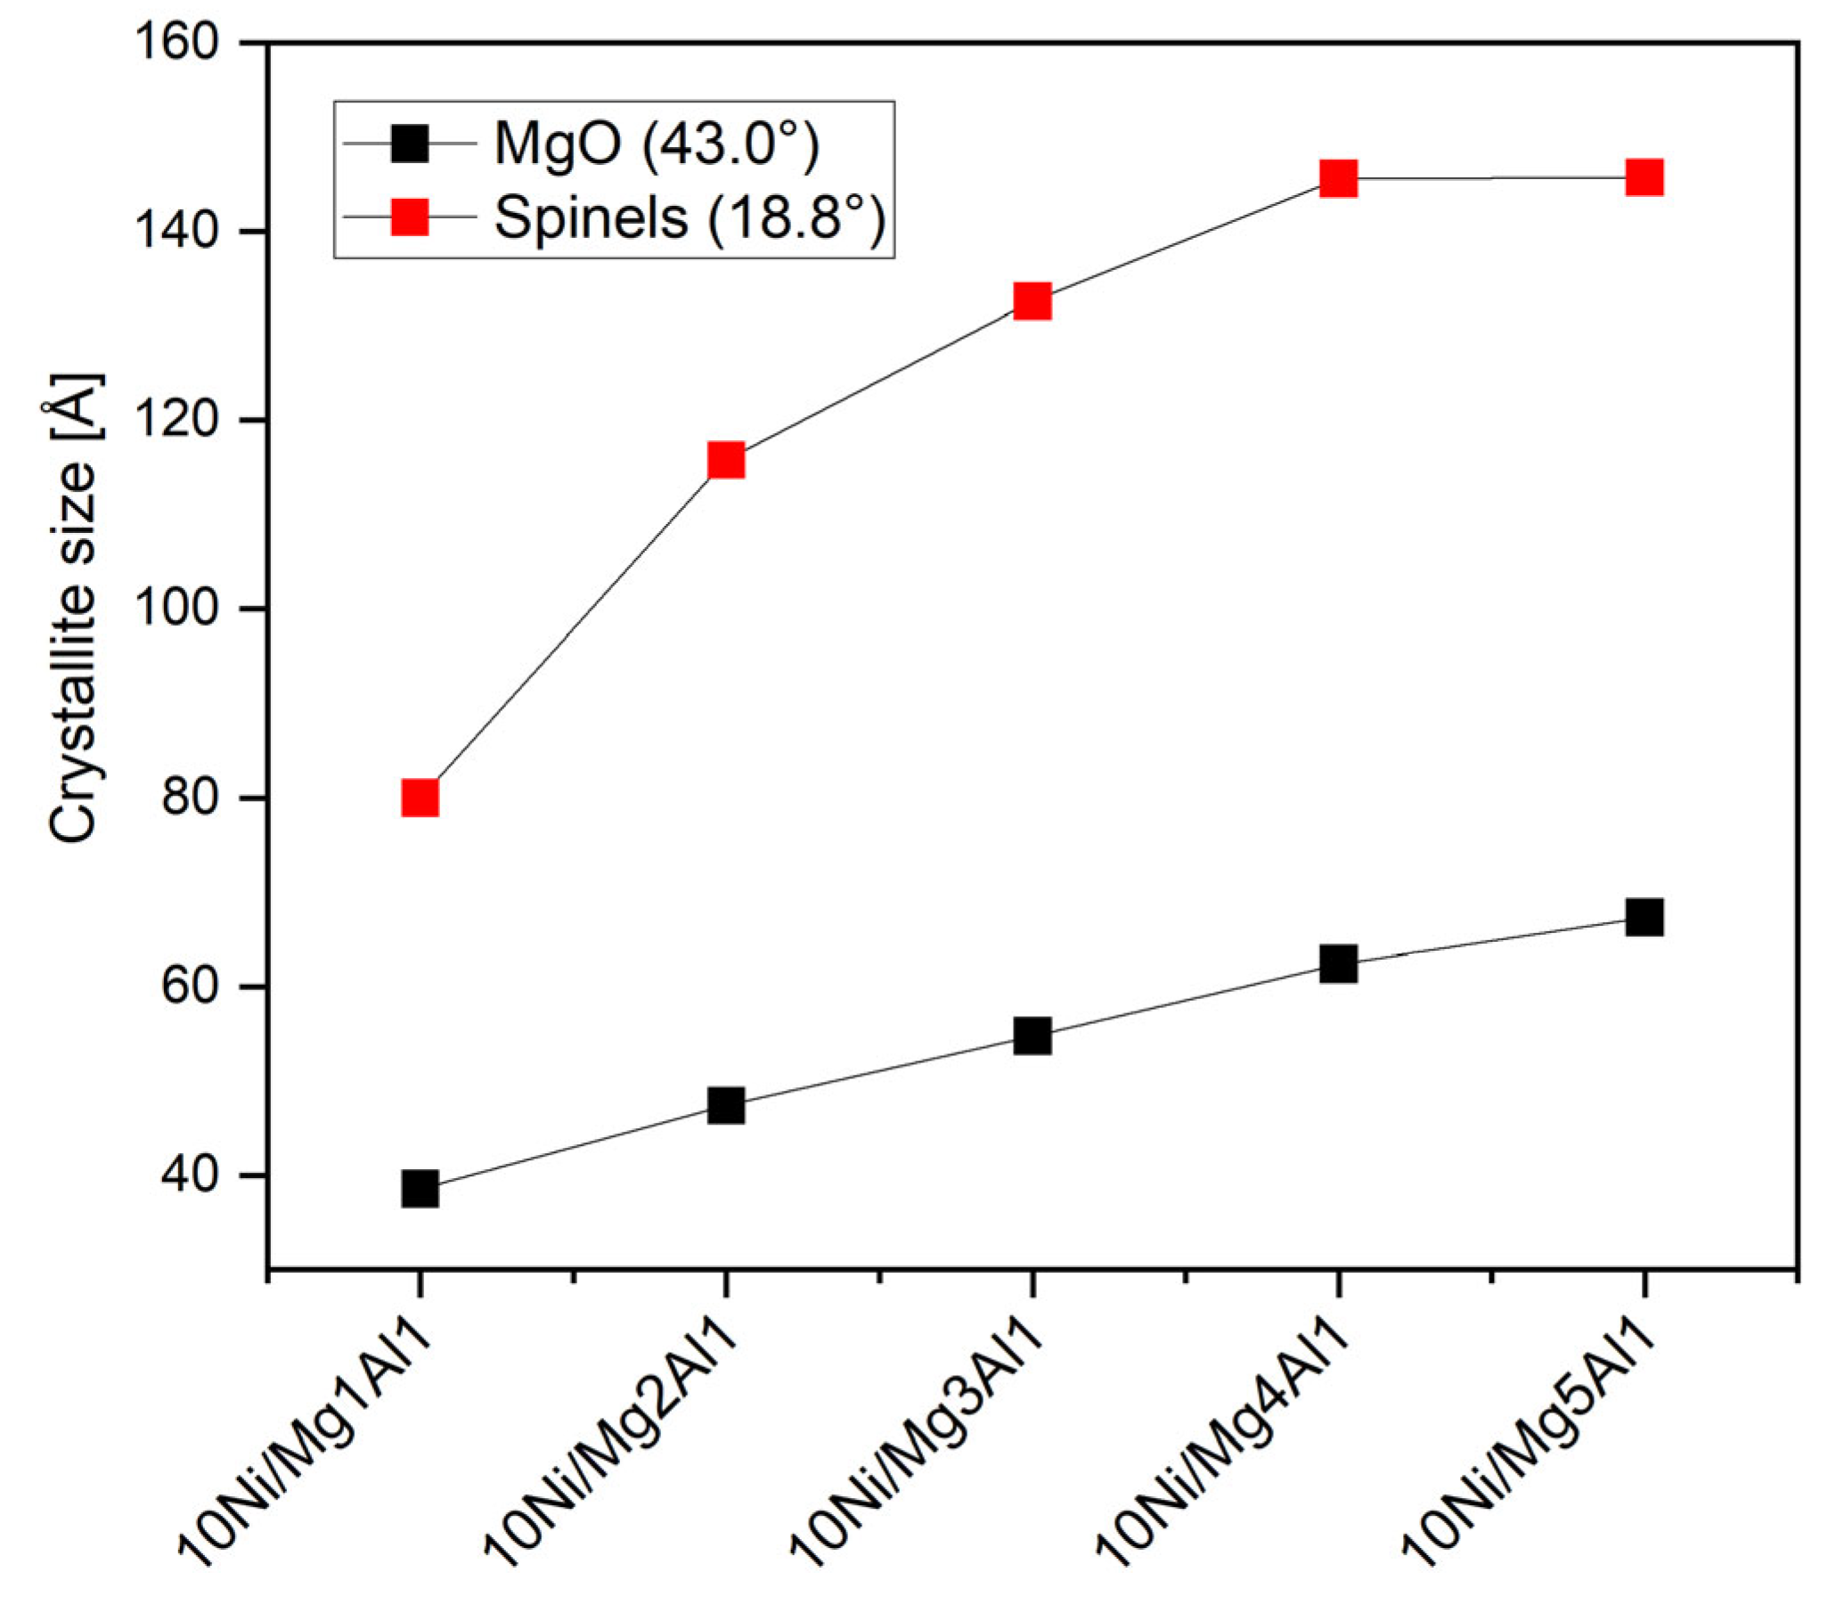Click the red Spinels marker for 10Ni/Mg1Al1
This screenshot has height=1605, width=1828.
point(420,797)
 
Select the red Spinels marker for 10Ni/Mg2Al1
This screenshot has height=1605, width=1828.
point(725,460)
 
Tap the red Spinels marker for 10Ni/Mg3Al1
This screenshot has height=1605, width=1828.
point(1032,301)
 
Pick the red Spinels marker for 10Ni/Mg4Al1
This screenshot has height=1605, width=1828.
point(1338,178)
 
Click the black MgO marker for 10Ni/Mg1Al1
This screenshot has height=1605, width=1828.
point(420,1189)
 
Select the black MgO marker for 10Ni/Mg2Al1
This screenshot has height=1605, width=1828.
point(725,1106)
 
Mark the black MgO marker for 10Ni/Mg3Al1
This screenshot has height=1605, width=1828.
point(1032,1036)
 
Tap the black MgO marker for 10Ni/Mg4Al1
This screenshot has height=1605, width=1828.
point(1338,963)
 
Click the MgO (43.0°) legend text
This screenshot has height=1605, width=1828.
point(657,144)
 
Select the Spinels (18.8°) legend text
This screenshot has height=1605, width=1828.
point(690,217)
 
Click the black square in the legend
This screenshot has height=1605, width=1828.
point(410,143)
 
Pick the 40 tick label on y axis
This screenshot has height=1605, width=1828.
point(190,1175)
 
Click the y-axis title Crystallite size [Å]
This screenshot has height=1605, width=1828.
point(73,609)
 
